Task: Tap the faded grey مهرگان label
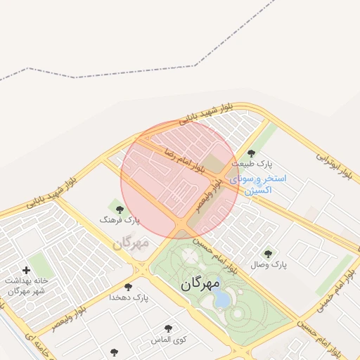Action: [131, 243]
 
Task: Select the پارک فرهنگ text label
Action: [120, 220]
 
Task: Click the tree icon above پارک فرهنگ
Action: [119, 209]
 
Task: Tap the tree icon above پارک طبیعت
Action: [251, 153]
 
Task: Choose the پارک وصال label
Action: [269, 265]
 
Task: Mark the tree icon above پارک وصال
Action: [267, 254]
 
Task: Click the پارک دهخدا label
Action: [129, 297]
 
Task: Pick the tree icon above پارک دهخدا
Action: [128, 286]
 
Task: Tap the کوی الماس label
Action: [169, 340]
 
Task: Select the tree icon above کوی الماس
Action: [168, 328]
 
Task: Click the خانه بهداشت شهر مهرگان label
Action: [27, 285]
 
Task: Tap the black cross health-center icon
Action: [27, 270]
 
